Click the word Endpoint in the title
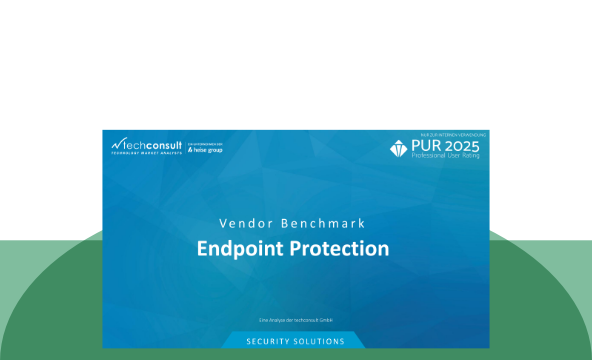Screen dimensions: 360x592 [238, 248]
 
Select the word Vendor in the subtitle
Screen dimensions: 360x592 [244, 221]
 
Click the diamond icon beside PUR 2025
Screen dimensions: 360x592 [399, 149]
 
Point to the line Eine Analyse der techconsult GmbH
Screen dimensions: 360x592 [295, 320]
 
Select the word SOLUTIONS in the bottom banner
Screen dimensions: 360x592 [318, 342]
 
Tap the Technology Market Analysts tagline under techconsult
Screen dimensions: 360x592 [147, 153]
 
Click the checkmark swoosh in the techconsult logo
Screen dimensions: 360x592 [117, 143]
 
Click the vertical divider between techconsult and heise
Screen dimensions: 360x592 [185, 146]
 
